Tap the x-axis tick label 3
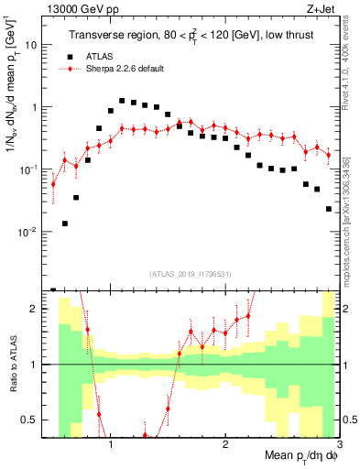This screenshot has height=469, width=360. tap(338, 444)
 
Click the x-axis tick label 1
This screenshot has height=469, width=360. tap(111, 444)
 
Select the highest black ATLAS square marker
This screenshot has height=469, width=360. tap(122, 101)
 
